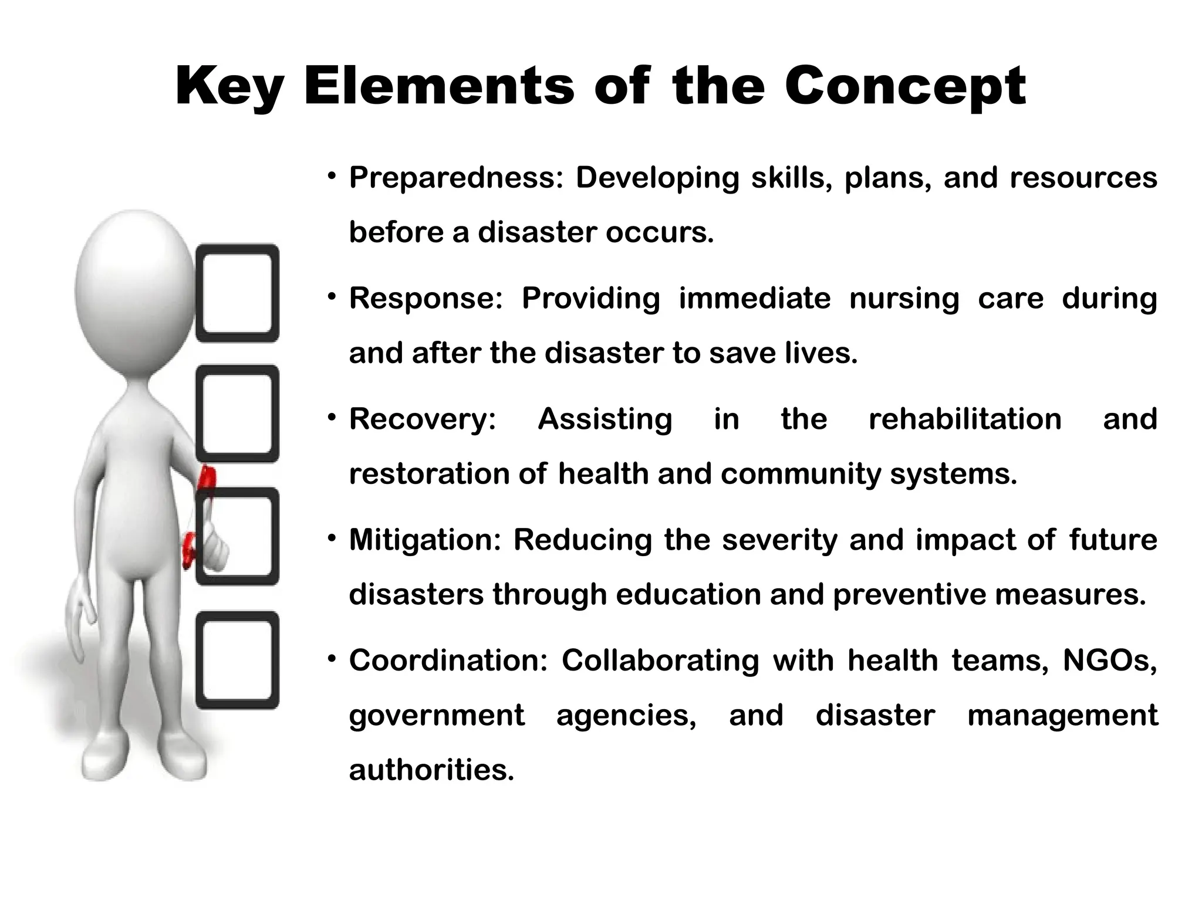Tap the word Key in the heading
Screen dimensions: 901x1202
[x=229, y=87]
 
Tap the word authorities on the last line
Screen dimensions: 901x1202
[x=431, y=770]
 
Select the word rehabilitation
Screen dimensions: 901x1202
[x=965, y=419]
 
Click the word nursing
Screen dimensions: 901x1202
[x=904, y=298]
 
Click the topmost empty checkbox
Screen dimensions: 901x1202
[x=237, y=293]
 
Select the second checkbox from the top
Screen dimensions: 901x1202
[x=237, y=414]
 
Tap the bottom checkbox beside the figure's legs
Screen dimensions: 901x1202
[x=237, y=660]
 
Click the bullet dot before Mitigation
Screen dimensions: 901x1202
[x=332, y=537]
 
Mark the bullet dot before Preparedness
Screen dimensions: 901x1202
[x=332, y=175]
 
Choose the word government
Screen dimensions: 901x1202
[x=437, y=715]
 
